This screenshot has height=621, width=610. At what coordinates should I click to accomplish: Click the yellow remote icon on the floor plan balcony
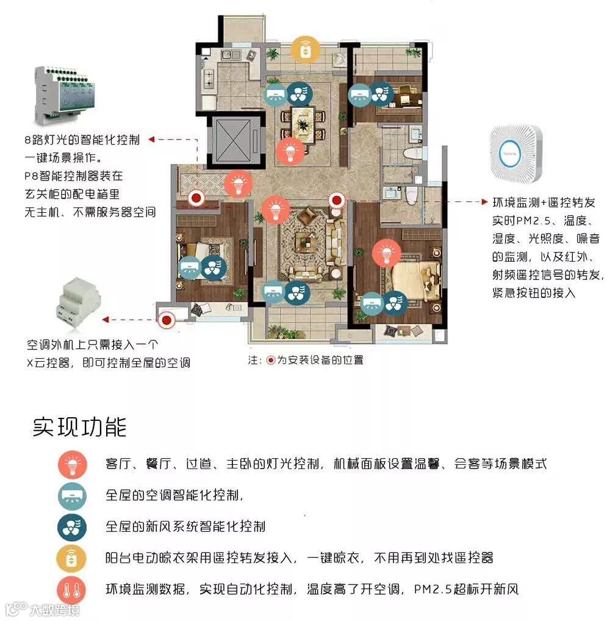pos(304,49)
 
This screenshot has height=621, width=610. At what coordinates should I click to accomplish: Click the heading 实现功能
pos(79,427)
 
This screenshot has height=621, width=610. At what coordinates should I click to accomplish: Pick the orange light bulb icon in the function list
pos(72,464)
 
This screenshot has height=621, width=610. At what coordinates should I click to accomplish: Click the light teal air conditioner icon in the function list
pos(72,495)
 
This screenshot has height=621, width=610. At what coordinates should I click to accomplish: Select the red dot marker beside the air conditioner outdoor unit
pos(167,319)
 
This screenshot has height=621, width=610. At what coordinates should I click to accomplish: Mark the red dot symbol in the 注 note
pos(271,361)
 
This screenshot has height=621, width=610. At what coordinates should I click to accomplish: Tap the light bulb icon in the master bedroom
pos(386,253)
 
